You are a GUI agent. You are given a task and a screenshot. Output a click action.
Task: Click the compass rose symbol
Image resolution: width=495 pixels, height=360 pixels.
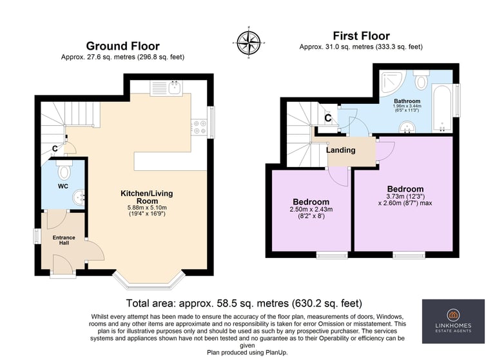click(249, 43)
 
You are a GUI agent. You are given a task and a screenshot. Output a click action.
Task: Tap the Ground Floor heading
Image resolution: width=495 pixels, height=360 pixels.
click(123, 46)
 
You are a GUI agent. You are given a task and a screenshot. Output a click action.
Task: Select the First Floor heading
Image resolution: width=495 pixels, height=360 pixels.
click(361, 35)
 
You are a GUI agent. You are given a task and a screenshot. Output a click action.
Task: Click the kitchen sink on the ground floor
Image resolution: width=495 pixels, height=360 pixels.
click(166, 88)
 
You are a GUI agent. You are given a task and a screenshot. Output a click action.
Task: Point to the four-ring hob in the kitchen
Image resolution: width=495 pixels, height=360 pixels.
click(199, 127)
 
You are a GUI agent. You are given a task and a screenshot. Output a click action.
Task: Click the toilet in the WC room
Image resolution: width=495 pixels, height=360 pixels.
click(64, 170)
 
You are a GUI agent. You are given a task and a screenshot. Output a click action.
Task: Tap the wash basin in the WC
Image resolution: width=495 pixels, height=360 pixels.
click(79, 197)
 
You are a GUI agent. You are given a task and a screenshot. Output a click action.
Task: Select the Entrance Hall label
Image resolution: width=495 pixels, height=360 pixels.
click(64, 240)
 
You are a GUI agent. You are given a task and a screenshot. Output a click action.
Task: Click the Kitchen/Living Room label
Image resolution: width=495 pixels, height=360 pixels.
click(147, 197)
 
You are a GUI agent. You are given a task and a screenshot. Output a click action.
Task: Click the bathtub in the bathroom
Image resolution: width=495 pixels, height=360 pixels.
click(442, 108)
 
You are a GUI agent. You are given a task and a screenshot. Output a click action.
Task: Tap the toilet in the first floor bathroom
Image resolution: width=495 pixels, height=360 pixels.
click(421, 79)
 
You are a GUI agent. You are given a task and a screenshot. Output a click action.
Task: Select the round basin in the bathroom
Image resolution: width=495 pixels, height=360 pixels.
click(407, 128)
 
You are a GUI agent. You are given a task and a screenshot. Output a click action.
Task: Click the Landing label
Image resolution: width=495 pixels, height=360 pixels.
click(340, 150)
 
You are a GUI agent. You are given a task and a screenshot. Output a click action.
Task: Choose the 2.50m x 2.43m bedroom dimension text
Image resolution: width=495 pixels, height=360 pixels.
click(311, 209)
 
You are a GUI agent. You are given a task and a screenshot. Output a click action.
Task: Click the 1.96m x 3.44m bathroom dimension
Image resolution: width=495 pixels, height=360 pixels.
click(407, 106)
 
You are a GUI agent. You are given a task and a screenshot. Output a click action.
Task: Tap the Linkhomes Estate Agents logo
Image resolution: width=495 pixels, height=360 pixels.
click(453, 321)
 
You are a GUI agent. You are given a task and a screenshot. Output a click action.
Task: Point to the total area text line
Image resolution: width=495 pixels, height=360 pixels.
click(244, 303)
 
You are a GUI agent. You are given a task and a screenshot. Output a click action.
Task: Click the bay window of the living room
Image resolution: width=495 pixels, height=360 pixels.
click(148, 281)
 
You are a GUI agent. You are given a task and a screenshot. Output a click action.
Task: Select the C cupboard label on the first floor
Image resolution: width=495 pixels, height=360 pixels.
click(328, 118)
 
